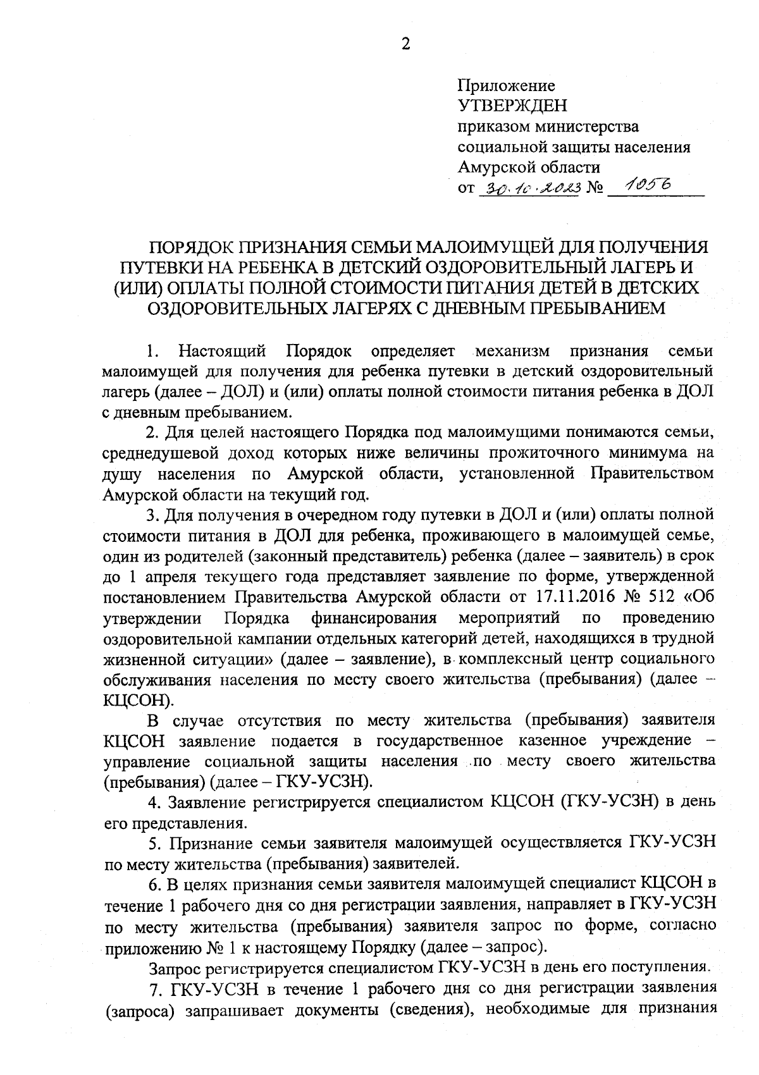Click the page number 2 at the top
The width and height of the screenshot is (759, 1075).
(x=405, y=44)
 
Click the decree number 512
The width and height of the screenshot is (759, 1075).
(x=662, y=597)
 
